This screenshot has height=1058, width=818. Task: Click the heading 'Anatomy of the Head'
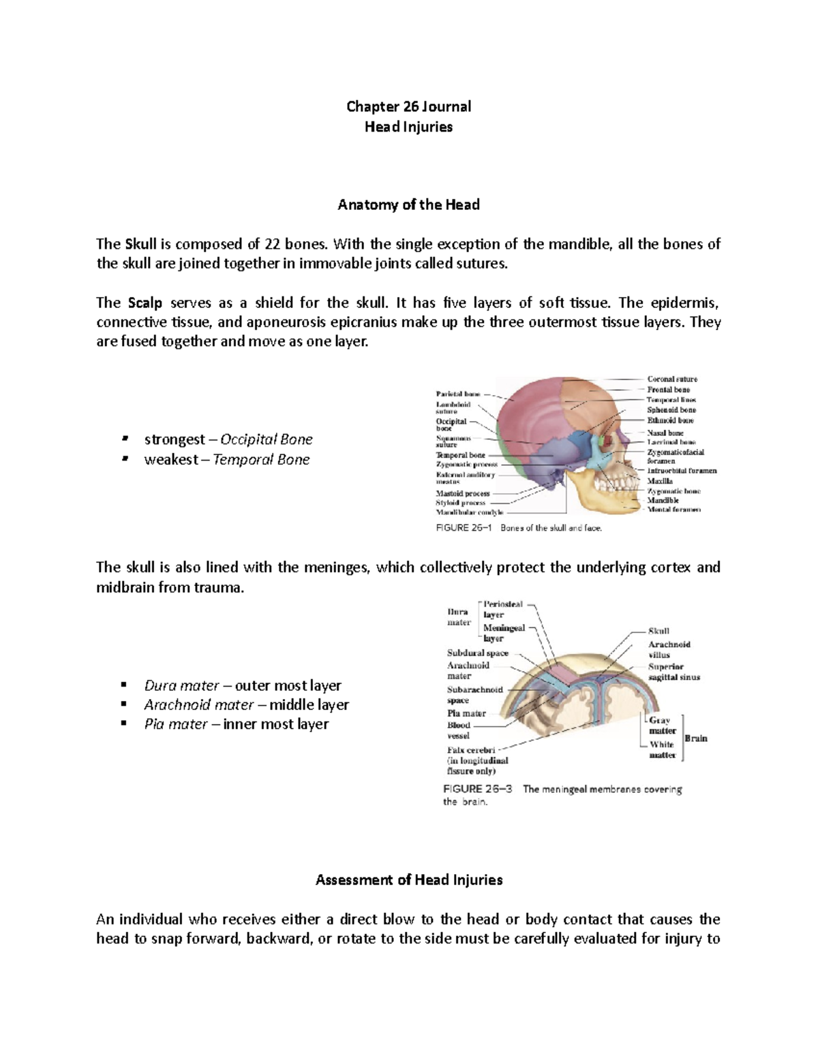pyautogui.click(x=408, y=205)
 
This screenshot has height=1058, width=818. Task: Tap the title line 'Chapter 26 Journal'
pyautogui.click(x=408, y=106)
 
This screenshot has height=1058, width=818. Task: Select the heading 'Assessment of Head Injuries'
pyautogui.click(x=408, y=880)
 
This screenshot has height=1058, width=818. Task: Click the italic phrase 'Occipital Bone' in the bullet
pyautogui.click(x=267, y=439)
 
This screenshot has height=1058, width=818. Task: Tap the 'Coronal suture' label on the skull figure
pyautogui.click(x=672, y=379)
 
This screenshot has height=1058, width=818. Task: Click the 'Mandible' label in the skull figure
pyautogui.click(x=663, y=500)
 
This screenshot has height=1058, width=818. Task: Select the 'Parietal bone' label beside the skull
pyautogui.click(x=458, y=394)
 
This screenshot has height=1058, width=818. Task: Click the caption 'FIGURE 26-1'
pyautogui.click(x=464, y=528)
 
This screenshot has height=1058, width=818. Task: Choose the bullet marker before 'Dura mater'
pyautogui.click(x=123, y=685)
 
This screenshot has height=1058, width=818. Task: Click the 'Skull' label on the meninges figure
pyautogui.click(x=658, y=632)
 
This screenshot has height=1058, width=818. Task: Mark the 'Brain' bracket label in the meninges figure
pyautogui.click(x=696, y=738)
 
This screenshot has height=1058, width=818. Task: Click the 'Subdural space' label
pyautogui.click(x=478, y=653)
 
